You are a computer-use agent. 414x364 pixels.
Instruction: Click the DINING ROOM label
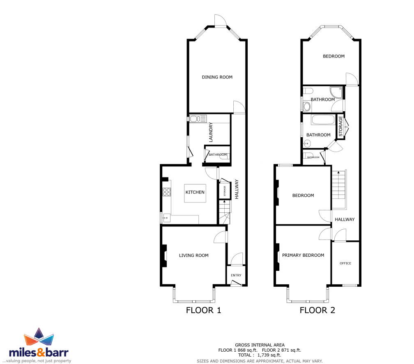point(217,77)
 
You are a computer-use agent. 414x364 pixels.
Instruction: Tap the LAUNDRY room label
point(211,132)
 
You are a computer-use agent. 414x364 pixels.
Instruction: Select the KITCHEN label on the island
point(195,192)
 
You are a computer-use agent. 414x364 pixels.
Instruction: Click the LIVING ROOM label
point(193,256)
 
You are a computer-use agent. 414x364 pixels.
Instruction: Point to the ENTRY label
point(236,275)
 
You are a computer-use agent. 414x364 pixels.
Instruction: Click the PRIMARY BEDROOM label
point(303,255)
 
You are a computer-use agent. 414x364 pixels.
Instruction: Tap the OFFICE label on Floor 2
point(345,263)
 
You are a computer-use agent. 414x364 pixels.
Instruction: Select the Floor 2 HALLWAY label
point(345,219)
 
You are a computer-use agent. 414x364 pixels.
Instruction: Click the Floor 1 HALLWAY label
point(237,189)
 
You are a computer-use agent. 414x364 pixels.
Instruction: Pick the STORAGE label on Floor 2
point(340,126)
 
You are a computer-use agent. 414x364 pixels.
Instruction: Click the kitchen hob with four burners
point(167,192)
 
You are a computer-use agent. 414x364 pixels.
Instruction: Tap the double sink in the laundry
point(198,119)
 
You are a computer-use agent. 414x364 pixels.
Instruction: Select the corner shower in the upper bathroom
point(336,92)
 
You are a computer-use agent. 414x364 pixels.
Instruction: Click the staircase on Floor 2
point(339,186)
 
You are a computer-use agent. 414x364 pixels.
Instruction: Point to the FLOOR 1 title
point(204,310)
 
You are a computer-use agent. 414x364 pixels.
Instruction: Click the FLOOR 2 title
point(317,310)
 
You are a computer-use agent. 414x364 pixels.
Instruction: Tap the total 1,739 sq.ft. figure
point(269,355)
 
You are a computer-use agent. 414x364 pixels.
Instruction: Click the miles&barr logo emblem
point(39,337)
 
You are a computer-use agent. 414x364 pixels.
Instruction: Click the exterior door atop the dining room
point(221,21)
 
